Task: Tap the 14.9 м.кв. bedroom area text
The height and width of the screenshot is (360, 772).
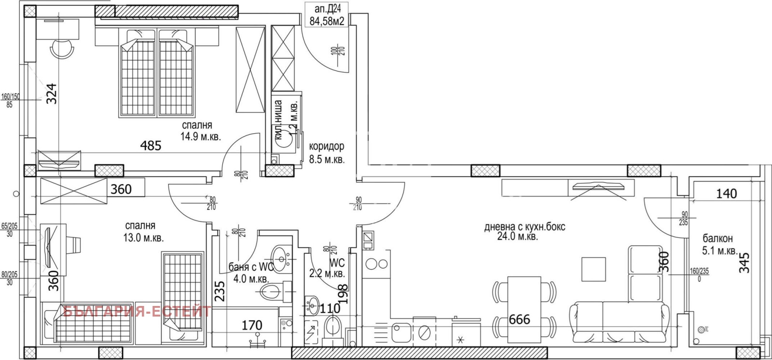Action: (201, 137)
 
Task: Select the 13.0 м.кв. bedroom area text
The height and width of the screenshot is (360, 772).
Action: (144, 237)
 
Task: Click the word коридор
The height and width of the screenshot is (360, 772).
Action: (327, 146)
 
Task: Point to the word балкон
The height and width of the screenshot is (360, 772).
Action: (717, 238)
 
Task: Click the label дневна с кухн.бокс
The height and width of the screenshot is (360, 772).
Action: (524, 227)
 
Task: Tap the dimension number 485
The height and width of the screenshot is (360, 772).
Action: (151, 145)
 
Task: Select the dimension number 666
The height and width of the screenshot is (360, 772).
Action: (519, 319)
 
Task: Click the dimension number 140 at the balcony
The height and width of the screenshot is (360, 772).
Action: (726, 194)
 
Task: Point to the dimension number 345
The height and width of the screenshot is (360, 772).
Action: (744, 263)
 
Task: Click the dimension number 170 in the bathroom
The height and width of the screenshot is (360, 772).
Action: (251, 325)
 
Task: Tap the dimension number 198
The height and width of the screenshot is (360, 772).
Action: (343, 294)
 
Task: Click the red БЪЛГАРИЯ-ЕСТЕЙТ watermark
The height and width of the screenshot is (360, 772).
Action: (137, 311)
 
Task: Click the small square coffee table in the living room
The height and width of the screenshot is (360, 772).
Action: (593, 269)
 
